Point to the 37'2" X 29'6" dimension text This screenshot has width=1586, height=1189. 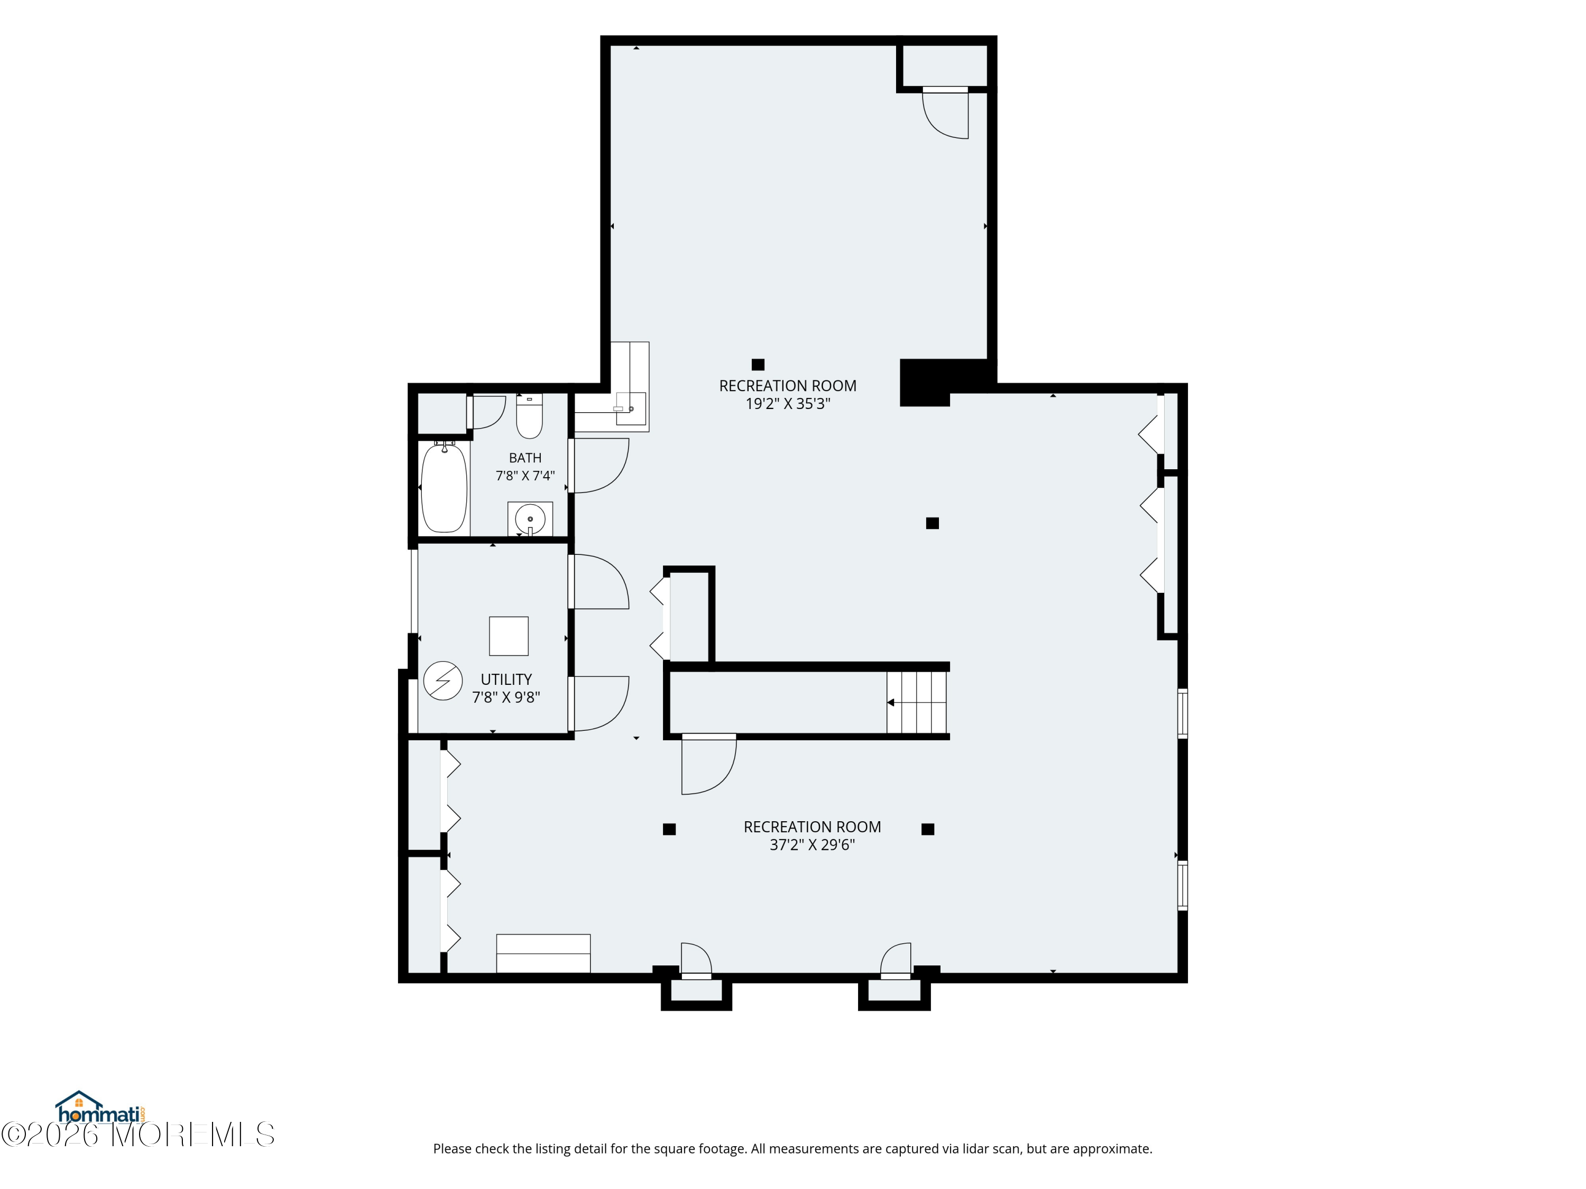pos(813,845)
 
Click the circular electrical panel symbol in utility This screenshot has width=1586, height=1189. pos(442,681)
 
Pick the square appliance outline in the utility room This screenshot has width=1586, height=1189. pos(509,636)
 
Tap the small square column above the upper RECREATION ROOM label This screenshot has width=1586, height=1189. pos(758,365)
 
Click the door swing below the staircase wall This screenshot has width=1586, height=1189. pos(708,765)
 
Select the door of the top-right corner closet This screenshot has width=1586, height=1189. pos(946,113)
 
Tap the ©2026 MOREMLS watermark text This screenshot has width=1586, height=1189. pos(137,1135)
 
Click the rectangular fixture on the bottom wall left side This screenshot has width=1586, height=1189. pos(543,953)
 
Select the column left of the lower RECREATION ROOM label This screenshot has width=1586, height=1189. pos(669,829)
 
